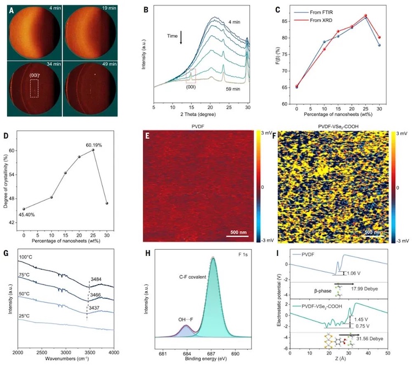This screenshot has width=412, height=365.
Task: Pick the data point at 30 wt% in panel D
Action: pyautogui.click(x=107, y=203)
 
